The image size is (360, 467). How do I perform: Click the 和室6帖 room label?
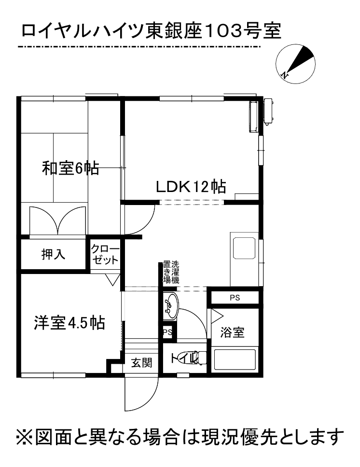click(x=70, y=168)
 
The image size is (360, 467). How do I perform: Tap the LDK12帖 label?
click(x=191, y=186)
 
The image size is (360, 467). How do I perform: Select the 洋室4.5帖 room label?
click(x=69, y=323)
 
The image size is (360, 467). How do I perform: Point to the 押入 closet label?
click(x=53, y=255)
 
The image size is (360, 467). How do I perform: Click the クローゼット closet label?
click(x=105, y=255)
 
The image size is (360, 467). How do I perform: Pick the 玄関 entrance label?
click(x=142, y=362)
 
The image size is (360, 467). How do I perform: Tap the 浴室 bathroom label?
click(x=232, y=332)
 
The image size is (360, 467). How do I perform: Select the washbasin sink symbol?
click(x=170, y=305)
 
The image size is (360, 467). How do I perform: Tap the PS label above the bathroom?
click(x=235, y=298)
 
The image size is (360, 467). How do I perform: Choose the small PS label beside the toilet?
click(x=167, y=332)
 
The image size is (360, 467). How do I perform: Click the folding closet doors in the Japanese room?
click(x=57, y=221)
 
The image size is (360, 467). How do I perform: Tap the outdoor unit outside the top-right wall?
click(x=268, y=111)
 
